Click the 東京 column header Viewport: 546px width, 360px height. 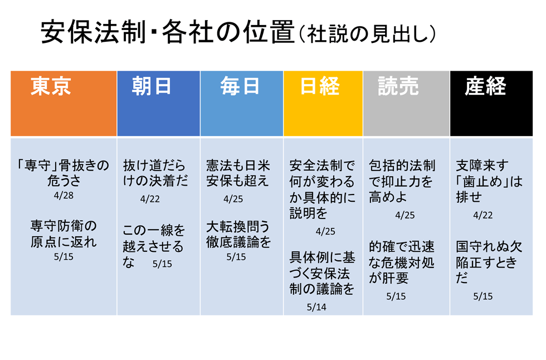click(64, 104)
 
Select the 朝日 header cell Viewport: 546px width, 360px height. click(158, 104)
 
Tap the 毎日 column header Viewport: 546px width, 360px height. click(242, 104)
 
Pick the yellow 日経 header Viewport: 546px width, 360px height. click(323, 104)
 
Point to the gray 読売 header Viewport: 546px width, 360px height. click(406, 104)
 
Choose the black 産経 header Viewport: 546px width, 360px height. click(491, 104)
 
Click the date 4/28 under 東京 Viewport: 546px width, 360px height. click(64, 195)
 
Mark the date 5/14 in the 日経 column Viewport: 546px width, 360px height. click(316, 307)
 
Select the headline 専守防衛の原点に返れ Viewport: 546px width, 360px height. click(64, 234)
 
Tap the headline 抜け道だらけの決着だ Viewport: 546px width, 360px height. click(155, 173)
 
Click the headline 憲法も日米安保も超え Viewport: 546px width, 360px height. click(238, 173)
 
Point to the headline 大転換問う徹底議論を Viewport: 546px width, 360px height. click(238, 234)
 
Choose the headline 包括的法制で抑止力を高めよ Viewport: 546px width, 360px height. click(402, 181)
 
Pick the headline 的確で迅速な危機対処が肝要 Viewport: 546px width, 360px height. click(402, 262)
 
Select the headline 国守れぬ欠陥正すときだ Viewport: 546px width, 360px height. click(489, 262)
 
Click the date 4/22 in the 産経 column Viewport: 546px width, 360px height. click(483, 215)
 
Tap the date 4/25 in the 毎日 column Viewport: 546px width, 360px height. click(233, 199)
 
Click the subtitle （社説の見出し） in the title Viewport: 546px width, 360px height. click(367, 34)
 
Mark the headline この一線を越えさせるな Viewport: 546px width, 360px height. click(154, 246)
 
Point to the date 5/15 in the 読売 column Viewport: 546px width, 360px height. click(396, 296)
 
